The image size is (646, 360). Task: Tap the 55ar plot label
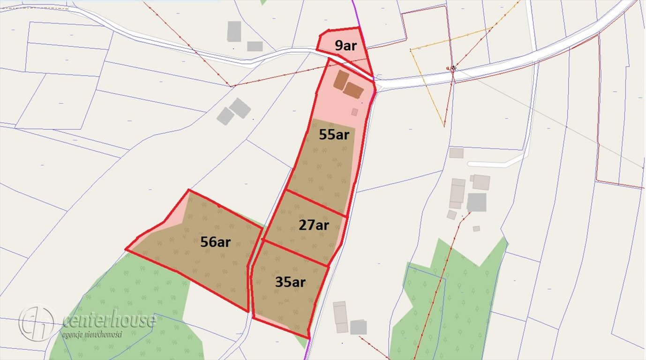(334, 135)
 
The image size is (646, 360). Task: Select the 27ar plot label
(314, 225)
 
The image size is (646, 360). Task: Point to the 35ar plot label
(290, 282)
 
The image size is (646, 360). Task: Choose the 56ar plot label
(215, 242)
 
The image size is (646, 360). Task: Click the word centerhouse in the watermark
(109, 320)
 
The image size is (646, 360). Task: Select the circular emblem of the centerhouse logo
(37, 322)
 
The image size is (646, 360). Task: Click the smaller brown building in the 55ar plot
(341, 80)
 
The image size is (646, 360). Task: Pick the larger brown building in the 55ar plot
(353, 90)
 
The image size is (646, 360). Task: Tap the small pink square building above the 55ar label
(355, 112)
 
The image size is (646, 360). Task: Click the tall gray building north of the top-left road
(234, 31)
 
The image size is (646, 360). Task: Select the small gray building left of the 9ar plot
(255, 46)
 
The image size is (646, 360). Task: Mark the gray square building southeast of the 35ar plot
(358, 327)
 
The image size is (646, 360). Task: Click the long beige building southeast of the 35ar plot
(340, 317)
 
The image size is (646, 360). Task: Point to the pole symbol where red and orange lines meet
(453, 68)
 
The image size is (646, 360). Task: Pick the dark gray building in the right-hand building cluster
(477, 202)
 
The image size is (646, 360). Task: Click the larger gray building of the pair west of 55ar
(240, 108)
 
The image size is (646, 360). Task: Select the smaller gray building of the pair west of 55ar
(225, 116)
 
